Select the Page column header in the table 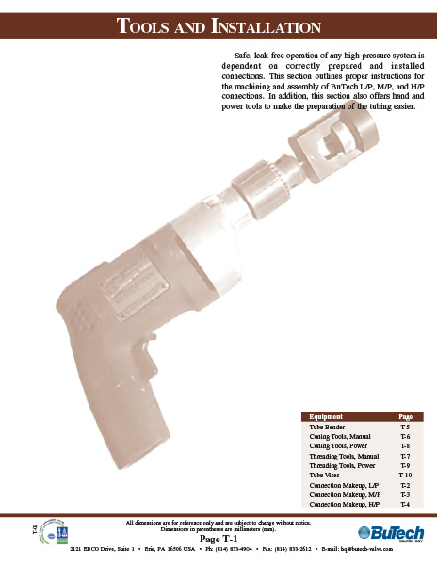pyautogui.click(x=405, y=415)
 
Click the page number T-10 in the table pyautogui.click(x=406, y=476)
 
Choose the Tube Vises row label pyautogui.click(x=324, y=476)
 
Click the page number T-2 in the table pyautogui.click(x=405, y=485)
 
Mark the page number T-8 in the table pyautogui.click(x=405, y=446)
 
